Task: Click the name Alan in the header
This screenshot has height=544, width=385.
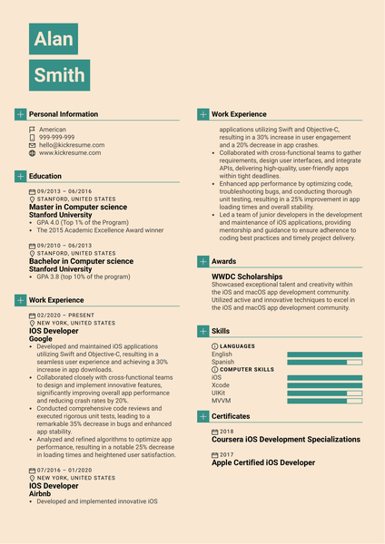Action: click(x=53, y=40)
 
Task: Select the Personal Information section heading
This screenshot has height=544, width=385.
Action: click(x=64, y=114)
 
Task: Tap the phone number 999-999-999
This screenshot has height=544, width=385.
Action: click(x=56, y=137)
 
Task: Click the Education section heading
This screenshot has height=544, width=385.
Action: click(x=45, y=176)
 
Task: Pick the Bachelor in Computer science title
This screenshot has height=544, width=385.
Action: click(x=81, y=261)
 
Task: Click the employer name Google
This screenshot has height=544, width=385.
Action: click(x=42, y=339)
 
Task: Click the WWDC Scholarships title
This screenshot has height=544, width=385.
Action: click(x=247, y=277)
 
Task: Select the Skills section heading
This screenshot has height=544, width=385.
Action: click(x=221, y=332)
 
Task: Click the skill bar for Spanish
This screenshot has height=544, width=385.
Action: click(x=324, y=362)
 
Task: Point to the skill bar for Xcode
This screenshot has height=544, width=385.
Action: click(x=324, y=384)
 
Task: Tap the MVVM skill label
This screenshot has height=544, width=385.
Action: click(x=221, y=400)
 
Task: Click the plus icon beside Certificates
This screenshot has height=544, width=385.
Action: click(x=202, y=415)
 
